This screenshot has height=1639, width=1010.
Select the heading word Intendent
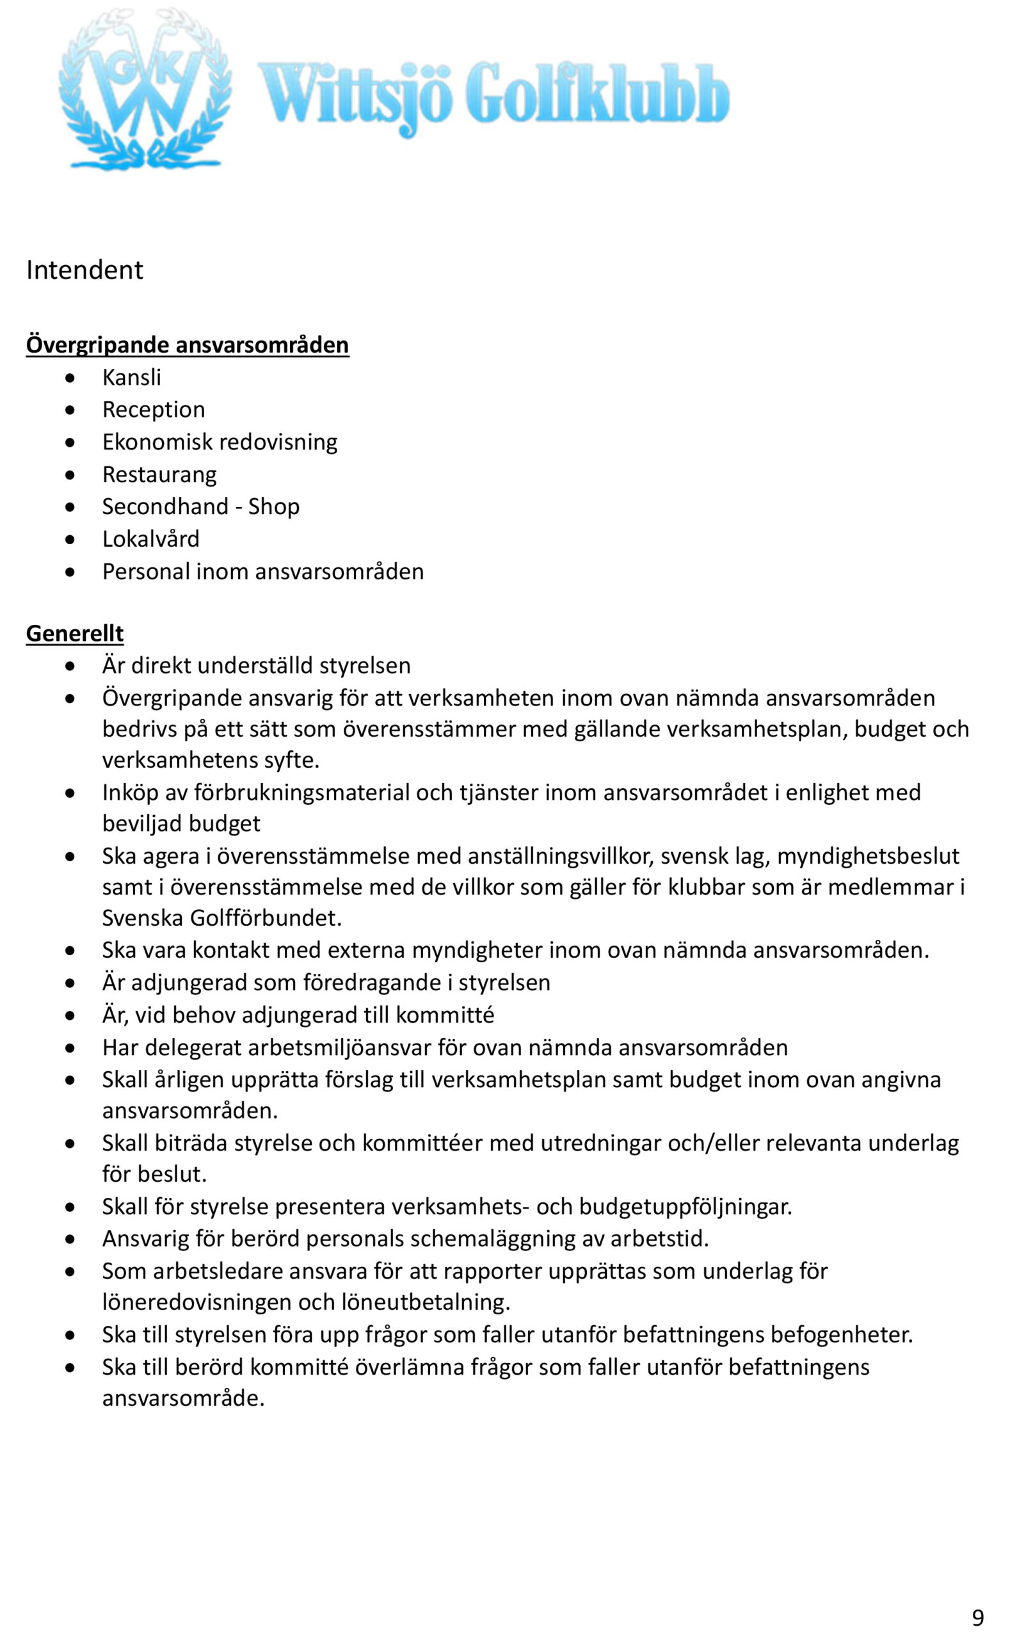[x=84, y=270]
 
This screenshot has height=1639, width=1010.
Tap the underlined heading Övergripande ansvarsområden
[x=187, y=345]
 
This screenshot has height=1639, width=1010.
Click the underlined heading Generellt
[x=75, y=633]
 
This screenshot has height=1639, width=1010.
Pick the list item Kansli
[x=132, y=378]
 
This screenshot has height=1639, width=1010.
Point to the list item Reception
[x=154, y=410]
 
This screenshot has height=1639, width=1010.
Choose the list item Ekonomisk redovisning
[x=220, y=442]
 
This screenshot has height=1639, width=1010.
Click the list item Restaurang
[x=159, y=474]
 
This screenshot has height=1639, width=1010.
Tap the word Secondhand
[x=165, y=506]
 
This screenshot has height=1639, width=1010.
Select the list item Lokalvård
[x=151, y=538]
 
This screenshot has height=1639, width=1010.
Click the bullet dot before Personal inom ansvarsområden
[x=70, y=572]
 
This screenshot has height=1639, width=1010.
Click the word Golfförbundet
[x=265, y=917]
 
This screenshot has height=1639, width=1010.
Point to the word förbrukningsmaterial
[x=302, y=793]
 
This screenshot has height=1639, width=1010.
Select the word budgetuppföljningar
[x=685, y=1206]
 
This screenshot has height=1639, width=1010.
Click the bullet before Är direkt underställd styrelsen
[x=70, y=666]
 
